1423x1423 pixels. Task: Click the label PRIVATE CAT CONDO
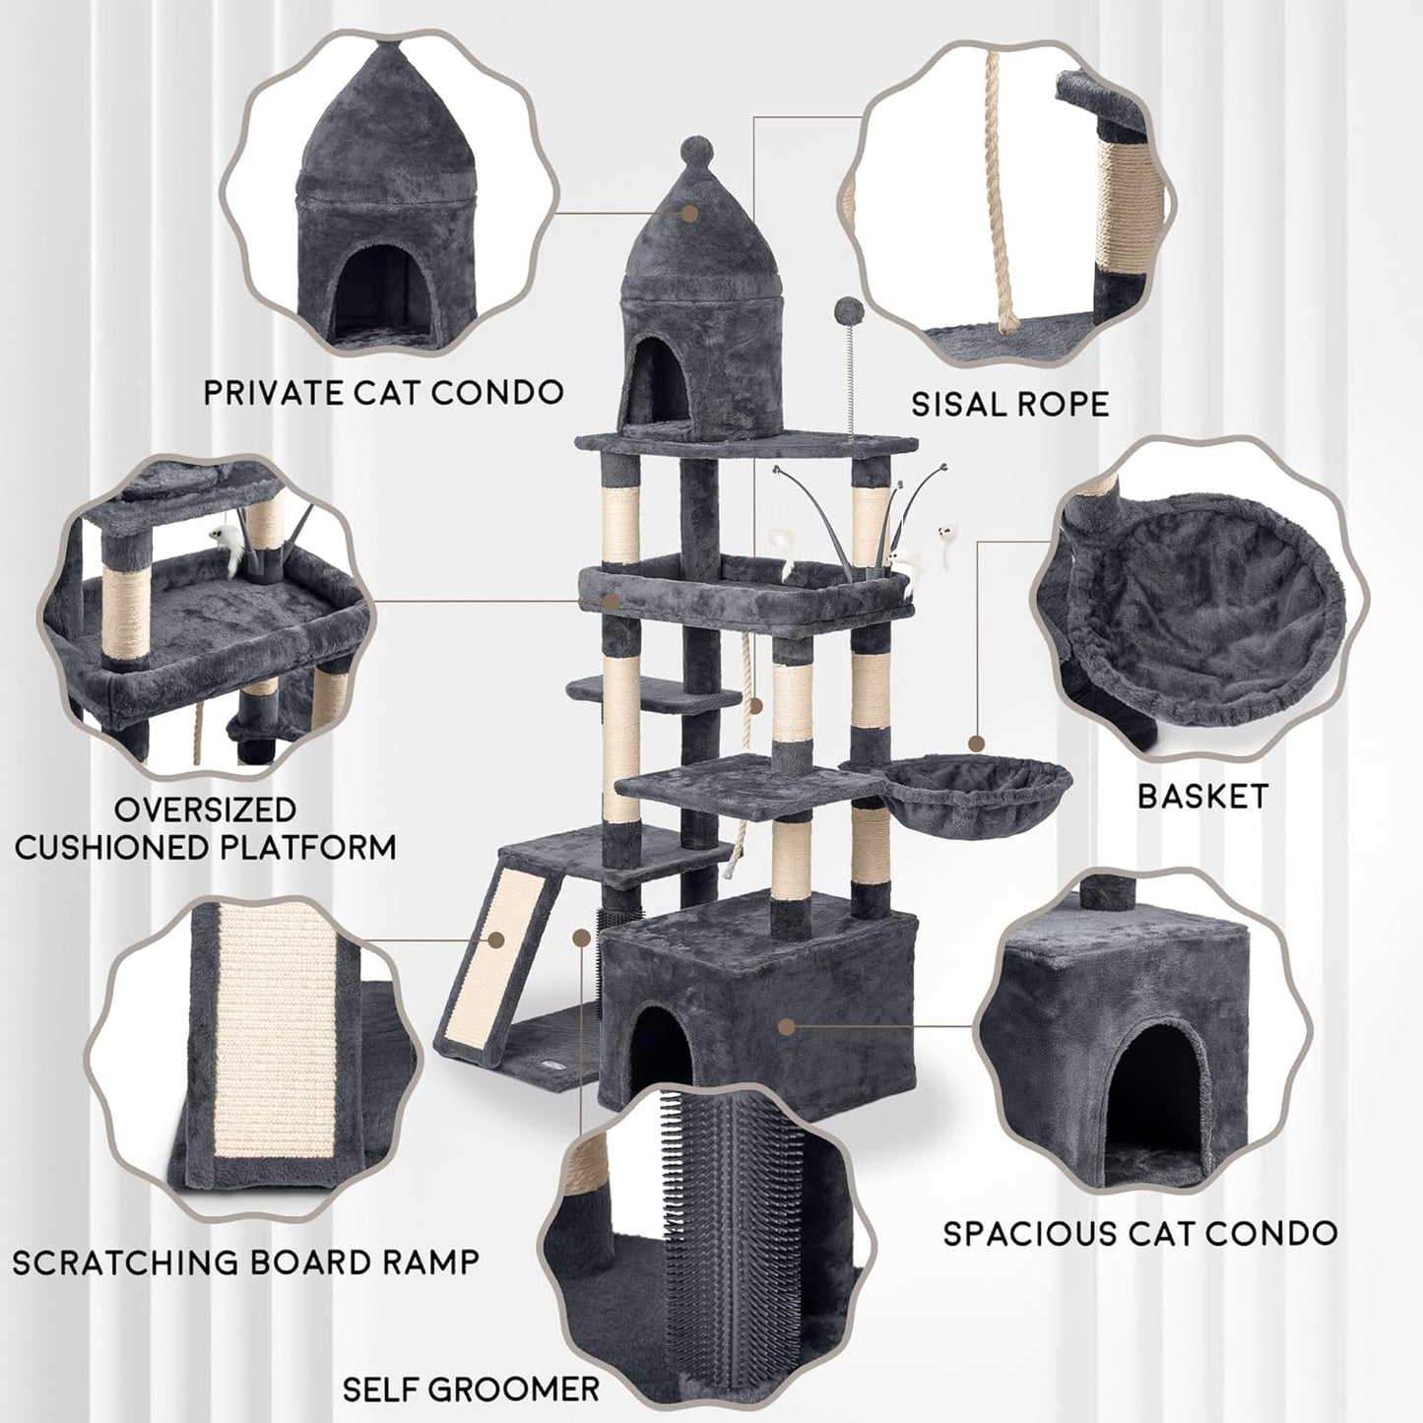pyautogui.click(x=383, y=392)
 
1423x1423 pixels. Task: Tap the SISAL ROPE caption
pyautogui.click(x=1009, y=404)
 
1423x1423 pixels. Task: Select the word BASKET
pyautogui.click(x=1202, y=796)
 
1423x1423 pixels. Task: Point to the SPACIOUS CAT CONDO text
pyautogui.click(x=1139, y=1233)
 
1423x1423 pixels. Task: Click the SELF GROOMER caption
pyautogui.click(x=471, y=1390)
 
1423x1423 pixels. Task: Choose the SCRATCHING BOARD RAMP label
pyautogui.click(x=245, y=1261)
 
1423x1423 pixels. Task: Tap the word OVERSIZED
pyautogui.click(x=205, y=809)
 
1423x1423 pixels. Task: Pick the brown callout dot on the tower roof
pyautogui.click(x=689, y=212)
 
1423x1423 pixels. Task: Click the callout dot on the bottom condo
pyautogui.click(x=785, y=1026)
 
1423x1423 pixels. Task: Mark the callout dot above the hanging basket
pyautogui.click(x=977, y=743)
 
